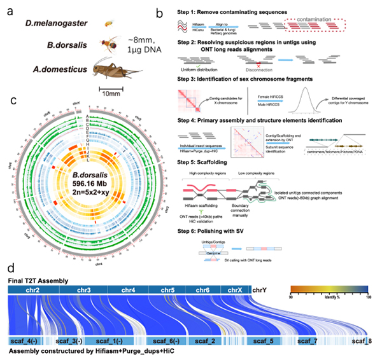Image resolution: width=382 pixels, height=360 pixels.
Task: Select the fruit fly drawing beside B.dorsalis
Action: [x=108, y=44]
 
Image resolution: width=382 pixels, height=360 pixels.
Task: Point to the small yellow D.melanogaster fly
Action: [x=108, y=24]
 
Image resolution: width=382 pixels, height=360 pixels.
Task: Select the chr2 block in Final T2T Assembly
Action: [x=34, y=272]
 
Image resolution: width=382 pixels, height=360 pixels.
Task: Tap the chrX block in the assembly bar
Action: [x=235, y=272]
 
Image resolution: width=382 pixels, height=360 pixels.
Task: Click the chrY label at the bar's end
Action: [x=260, y=272]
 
